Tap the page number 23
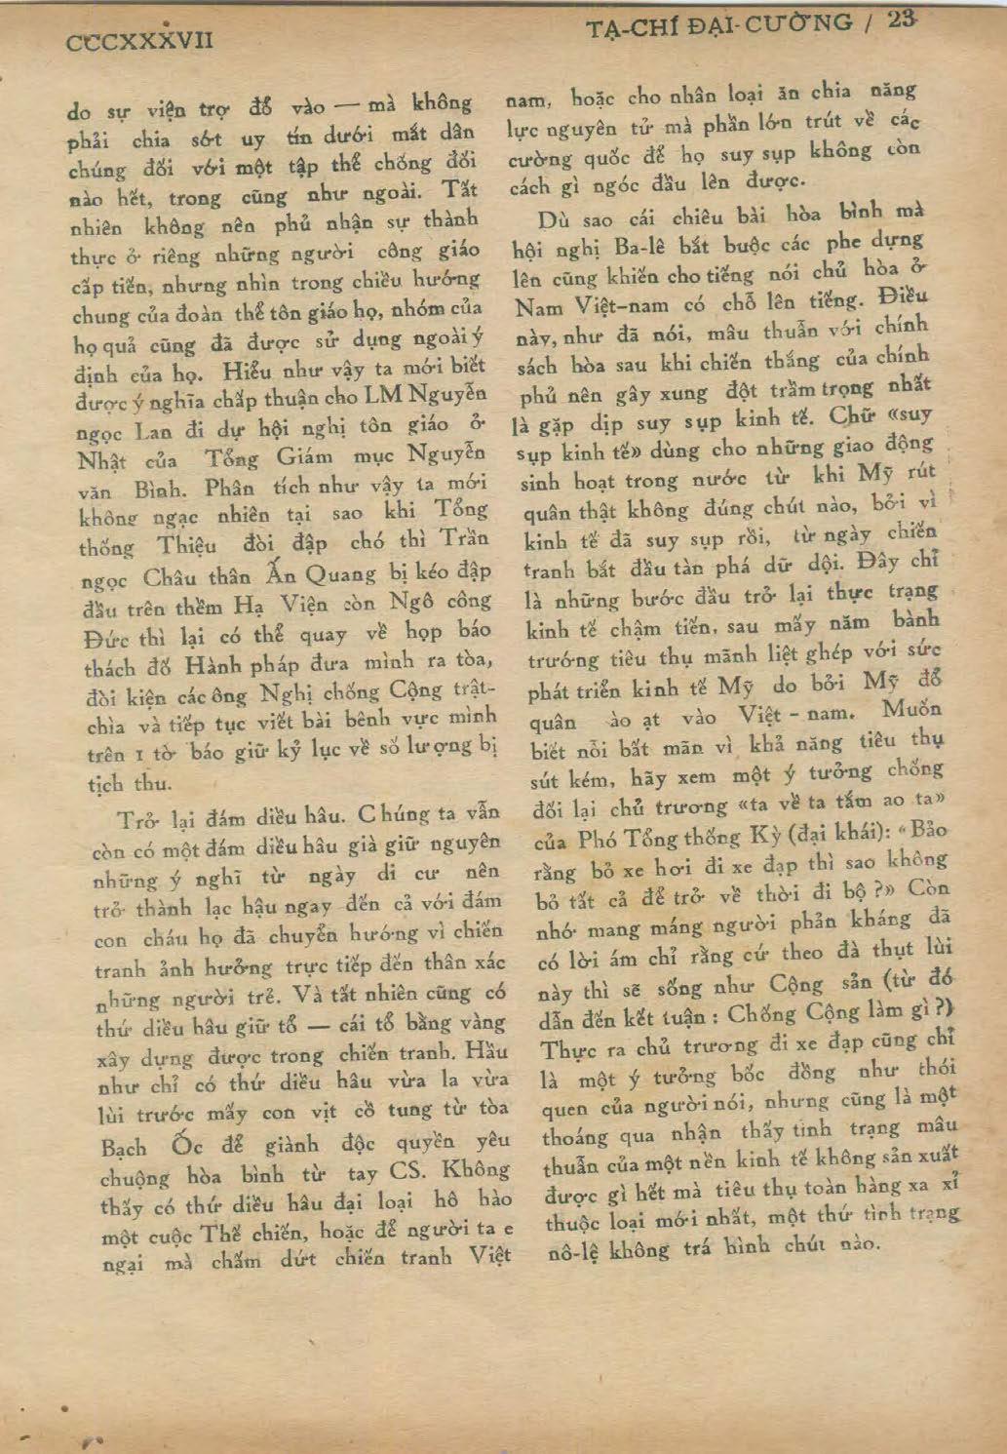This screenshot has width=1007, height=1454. [903, 20]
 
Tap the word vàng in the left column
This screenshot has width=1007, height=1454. [477, 1021]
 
